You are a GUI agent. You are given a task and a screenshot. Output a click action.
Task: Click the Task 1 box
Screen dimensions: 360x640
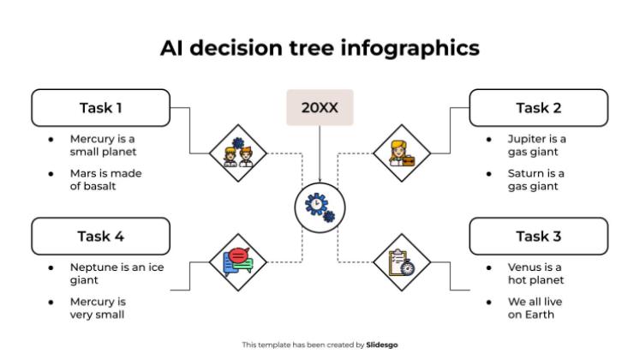pyautogui.click(x=100, y=108)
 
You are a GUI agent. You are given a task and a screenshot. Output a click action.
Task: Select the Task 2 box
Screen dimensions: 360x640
pyautogui.click(x=538, y=108)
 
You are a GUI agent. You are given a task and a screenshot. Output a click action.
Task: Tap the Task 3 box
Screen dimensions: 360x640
pyautogui.click(x=538, y=236)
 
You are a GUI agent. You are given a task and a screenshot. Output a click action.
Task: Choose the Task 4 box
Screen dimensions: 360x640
pyautogui.click(x=100, y=236)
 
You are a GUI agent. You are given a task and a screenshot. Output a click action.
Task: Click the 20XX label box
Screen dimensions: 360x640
pyautogui.click(x=320, y=108)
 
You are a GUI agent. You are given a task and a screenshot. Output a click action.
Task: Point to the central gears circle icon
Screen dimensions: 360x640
pyautogui.click(x=320, y=207)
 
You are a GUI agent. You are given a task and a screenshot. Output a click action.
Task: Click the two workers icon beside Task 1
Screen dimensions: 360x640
pyautogui.click(x=238, y=153)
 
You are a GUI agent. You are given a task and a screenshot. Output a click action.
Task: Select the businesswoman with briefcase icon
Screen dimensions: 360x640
pyautogui.click(x=401, y=153)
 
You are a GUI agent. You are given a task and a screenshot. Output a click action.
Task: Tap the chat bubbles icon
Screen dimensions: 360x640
pyautogui.click(x=238, y=261)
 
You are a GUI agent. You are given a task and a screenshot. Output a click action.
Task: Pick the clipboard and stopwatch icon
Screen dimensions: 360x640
pyautogui.click(x=401, y=261)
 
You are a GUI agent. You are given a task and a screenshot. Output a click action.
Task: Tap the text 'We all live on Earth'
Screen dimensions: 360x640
pyautogui.click(x=535, y=308)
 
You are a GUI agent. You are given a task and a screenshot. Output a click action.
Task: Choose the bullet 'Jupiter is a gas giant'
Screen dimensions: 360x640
pyautogui.click(x=536, y=145)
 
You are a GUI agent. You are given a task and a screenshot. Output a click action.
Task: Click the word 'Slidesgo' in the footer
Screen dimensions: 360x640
pyautogui.click(x=382, y=345)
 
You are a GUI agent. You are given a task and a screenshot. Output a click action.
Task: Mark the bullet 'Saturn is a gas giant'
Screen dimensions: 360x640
pyautogui.click(x=536, y=180)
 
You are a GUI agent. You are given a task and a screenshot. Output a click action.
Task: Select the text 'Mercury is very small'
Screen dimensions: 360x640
pyautogui.click(x=98, y=308)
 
